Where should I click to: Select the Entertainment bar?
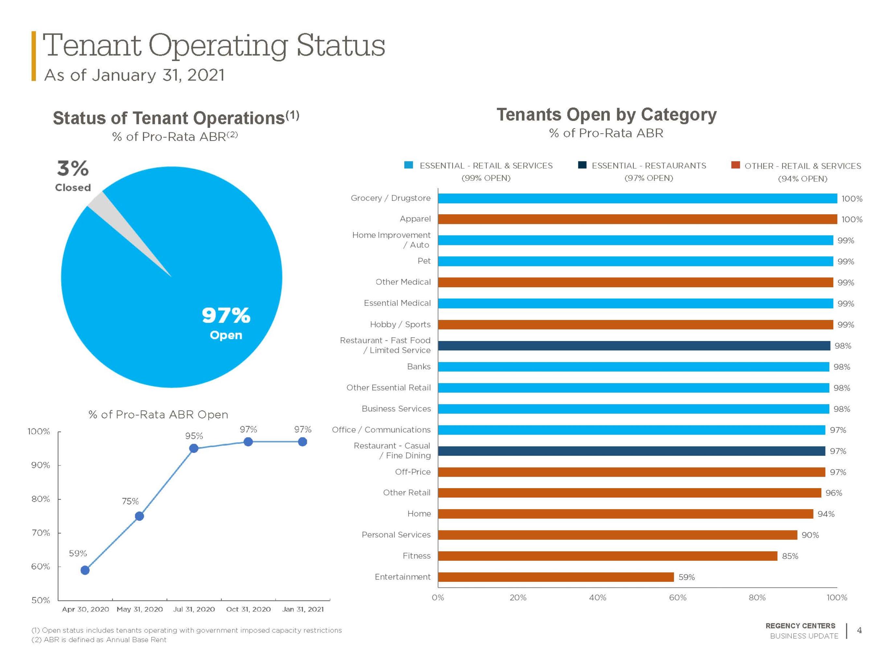(x=556, y=577)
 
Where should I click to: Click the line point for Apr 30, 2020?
(x=85, y=570)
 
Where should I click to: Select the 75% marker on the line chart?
(x=139, y=516)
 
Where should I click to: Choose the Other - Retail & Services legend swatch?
(x=736, y=165)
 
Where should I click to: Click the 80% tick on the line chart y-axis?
(x=41, y=499)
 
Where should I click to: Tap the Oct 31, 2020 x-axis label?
(x=249, y=609)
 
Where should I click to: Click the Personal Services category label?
(x=396, y=535)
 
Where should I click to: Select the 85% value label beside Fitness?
(x=790, y=556)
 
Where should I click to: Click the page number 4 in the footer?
(x=859, y=630)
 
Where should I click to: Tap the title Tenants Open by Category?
(x=606, y=114)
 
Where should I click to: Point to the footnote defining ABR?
(x=99, y=640)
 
